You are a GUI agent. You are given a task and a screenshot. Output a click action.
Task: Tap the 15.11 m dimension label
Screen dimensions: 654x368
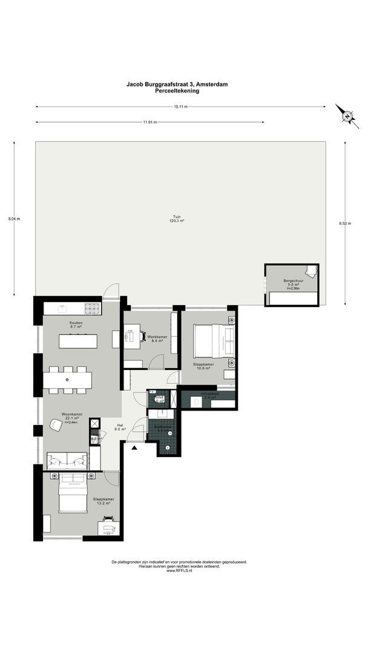(x=180, y=107)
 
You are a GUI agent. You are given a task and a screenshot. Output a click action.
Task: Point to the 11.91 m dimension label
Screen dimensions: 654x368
(x=149, y=122)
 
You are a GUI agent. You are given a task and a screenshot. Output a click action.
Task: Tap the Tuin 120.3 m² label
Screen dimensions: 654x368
(x=177, y=219)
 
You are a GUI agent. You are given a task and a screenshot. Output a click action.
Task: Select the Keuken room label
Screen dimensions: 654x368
(x=75, y=325)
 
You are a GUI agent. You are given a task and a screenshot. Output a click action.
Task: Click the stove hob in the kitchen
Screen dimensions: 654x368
(x=91, y=308)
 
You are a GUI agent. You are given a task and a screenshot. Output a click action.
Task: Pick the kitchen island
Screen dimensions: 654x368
(x=78, y=340)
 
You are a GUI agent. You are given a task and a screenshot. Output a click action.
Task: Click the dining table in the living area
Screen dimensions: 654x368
(x=67, y=380)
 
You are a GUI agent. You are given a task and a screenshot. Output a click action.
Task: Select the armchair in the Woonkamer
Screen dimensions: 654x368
(x=56, y=426)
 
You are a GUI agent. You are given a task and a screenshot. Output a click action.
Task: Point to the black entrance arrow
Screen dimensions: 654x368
(x=134, y=448)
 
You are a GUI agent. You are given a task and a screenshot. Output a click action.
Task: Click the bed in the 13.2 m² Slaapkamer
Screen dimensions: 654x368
(x=73, y=494)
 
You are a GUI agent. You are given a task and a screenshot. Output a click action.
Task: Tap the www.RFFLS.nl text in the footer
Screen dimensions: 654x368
(x=179, y=570)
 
